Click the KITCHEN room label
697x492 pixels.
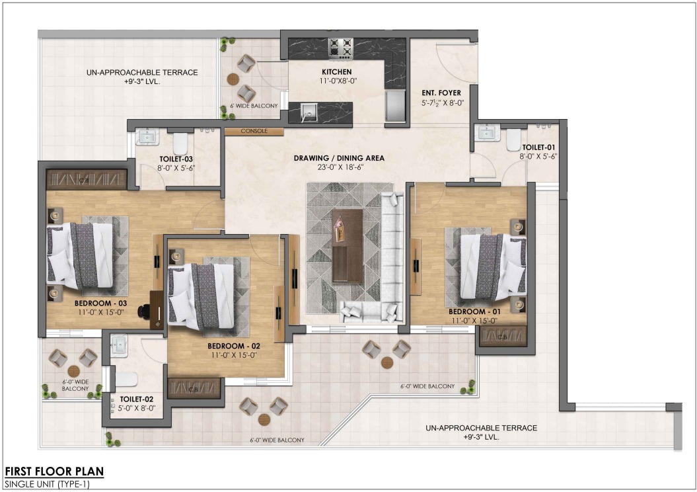(336, 71)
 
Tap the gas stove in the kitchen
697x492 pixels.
(341, 48)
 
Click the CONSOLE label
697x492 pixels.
(254, 131)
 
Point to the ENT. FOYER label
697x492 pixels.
(441, 93)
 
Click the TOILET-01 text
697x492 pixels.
(538, 147)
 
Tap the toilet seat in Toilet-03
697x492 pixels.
(180, 142)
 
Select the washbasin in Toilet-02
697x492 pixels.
(118, 345)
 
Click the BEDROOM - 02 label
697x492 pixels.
(234, 346)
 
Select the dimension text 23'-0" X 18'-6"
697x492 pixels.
(339, 167)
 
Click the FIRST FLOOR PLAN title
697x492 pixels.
(54, 471)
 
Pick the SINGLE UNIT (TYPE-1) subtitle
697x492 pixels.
(47, 484)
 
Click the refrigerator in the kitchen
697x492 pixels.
(395, 105)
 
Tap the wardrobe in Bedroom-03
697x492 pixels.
(87, 179)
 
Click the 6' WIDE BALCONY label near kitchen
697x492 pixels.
(254, 106)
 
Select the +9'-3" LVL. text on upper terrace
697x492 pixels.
(142, 82)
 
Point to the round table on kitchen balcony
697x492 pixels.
(233, 79)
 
